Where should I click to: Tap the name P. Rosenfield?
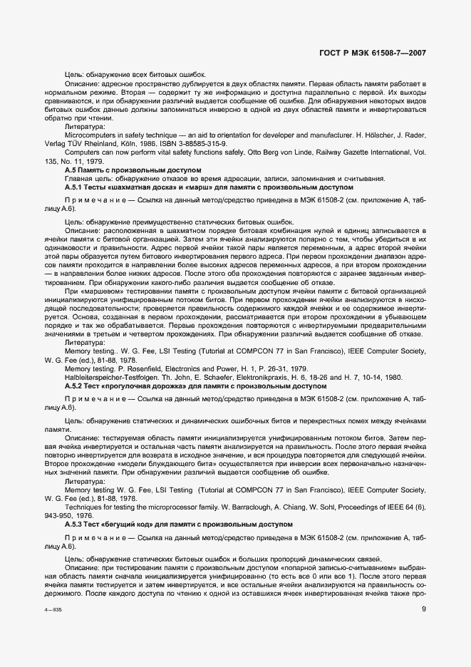click(x=135, y=368)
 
